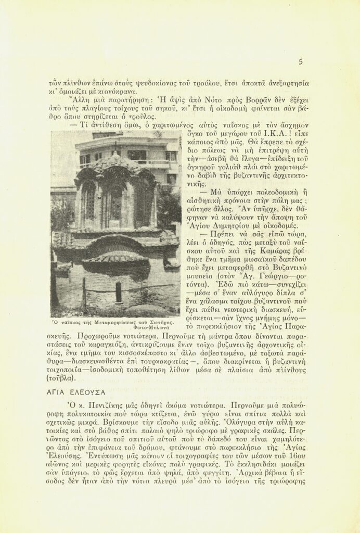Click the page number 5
click(x=301, y=62)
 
